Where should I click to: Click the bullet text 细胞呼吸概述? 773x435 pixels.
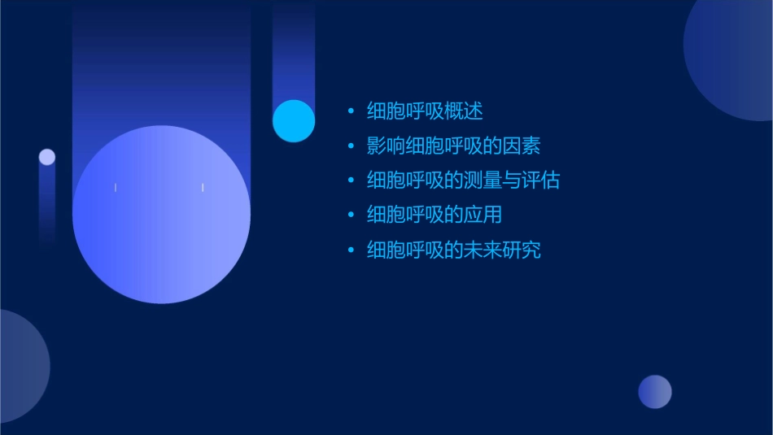point(425,111)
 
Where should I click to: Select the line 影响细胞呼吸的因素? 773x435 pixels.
point(453,146)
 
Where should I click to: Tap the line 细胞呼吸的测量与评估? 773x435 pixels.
point(463,181)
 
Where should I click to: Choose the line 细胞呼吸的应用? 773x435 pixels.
point(434,215)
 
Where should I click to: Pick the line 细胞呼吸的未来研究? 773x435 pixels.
point(453,250)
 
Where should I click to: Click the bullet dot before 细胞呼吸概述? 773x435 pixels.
point(351,111)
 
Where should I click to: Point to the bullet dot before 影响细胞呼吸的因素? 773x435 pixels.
point(351,146)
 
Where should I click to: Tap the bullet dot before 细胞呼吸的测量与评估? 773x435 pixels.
point(351,181)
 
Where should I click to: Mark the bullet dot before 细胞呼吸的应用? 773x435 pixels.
point(351,215)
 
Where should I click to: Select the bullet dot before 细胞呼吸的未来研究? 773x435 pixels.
point(351,250)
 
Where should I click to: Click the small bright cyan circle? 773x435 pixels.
point(294,121)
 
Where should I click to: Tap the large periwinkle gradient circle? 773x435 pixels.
point(161,215)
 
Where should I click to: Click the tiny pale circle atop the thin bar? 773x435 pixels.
point(47,157)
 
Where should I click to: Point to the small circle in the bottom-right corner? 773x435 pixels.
point(655,392)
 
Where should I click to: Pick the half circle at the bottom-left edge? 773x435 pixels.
point(20,366)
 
